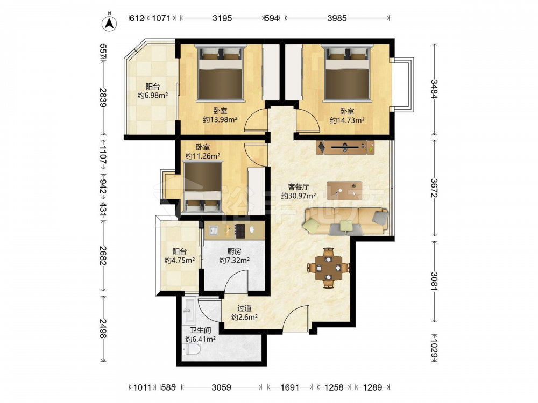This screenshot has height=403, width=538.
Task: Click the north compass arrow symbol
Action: (109, 23)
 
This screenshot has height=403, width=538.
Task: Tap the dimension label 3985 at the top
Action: (337, 18)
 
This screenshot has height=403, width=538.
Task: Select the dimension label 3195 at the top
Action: (222, 18)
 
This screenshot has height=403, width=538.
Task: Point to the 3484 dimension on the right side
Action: (434, 89)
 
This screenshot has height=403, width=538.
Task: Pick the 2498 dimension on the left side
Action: (103, 328)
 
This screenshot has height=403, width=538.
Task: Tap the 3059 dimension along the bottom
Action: (221, 387)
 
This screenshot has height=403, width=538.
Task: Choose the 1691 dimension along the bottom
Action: (290, 387)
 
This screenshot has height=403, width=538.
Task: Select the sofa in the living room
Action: (345, 221)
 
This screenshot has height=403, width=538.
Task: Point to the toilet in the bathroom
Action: (191, 350)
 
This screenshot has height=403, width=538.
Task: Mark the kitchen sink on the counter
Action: (214, 231)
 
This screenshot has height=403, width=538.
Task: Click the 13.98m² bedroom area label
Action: (220, 120)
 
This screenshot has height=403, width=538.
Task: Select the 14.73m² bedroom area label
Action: (347, 120)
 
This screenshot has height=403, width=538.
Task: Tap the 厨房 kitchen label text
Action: (233, 251)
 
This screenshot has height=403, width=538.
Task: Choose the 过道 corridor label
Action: (244, 308)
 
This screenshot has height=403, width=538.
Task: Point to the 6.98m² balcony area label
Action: (152, 96)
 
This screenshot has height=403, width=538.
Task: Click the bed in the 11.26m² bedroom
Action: (202, 187)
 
